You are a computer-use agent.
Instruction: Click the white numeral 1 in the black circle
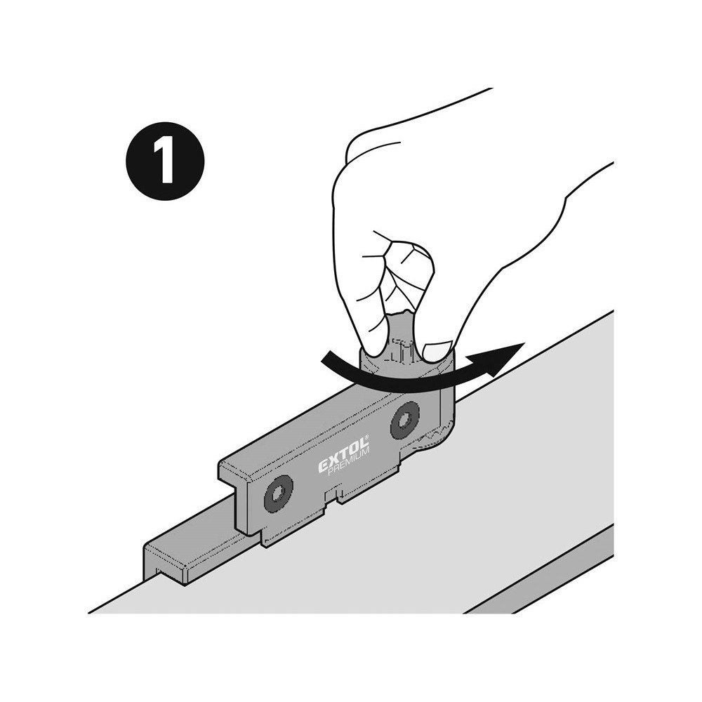coord(165,160)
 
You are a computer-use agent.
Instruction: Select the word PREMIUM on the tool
coord(349,462)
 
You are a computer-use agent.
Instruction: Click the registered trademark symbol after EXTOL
coord(366,437)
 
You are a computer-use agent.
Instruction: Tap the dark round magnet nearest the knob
coord(405,420)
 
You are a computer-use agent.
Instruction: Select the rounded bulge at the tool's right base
coord(436,441)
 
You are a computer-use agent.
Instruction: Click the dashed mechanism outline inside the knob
coord(400,349)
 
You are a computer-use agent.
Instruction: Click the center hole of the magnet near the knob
coord(405,420)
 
